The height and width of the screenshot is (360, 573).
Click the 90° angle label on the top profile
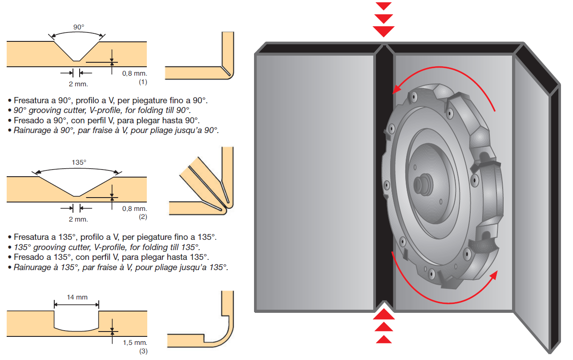(78, 27)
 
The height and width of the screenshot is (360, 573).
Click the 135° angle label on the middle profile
(79, 162)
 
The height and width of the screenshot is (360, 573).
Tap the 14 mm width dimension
(77, 297)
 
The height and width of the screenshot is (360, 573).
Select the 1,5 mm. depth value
(134, 343)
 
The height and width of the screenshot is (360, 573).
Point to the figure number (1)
(143, 82)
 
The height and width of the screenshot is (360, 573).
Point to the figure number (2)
(143, 217)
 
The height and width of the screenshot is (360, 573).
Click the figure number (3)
(143, 351)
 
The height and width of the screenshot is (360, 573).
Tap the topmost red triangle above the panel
(383, 6)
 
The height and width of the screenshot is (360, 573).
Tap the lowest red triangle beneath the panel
(383, 340)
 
